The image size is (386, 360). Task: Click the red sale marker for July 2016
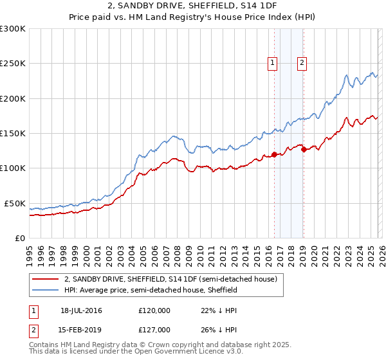point(274,154)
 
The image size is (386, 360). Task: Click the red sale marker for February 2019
point(304,150)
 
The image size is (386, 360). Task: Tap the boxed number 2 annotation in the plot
point(302,62)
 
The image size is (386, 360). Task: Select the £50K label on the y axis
point(15,203)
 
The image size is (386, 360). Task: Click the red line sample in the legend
point(46,280)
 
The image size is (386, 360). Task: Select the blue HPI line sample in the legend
point(46,291)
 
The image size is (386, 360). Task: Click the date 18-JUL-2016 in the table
point(81,310)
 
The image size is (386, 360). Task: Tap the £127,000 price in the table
point(154,330)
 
